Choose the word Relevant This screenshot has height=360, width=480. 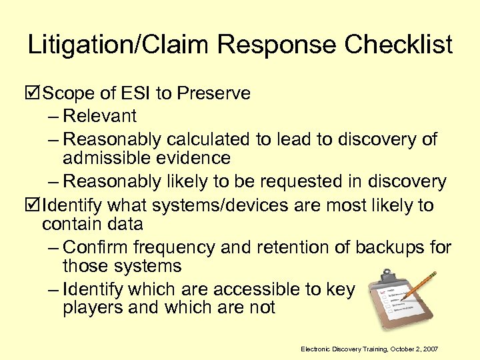pos(100,116)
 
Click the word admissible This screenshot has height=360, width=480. pos(106,158)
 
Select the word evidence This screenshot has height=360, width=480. pos(193,158)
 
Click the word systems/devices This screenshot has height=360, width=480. pos(194,205)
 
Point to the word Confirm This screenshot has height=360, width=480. pos(96,247)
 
